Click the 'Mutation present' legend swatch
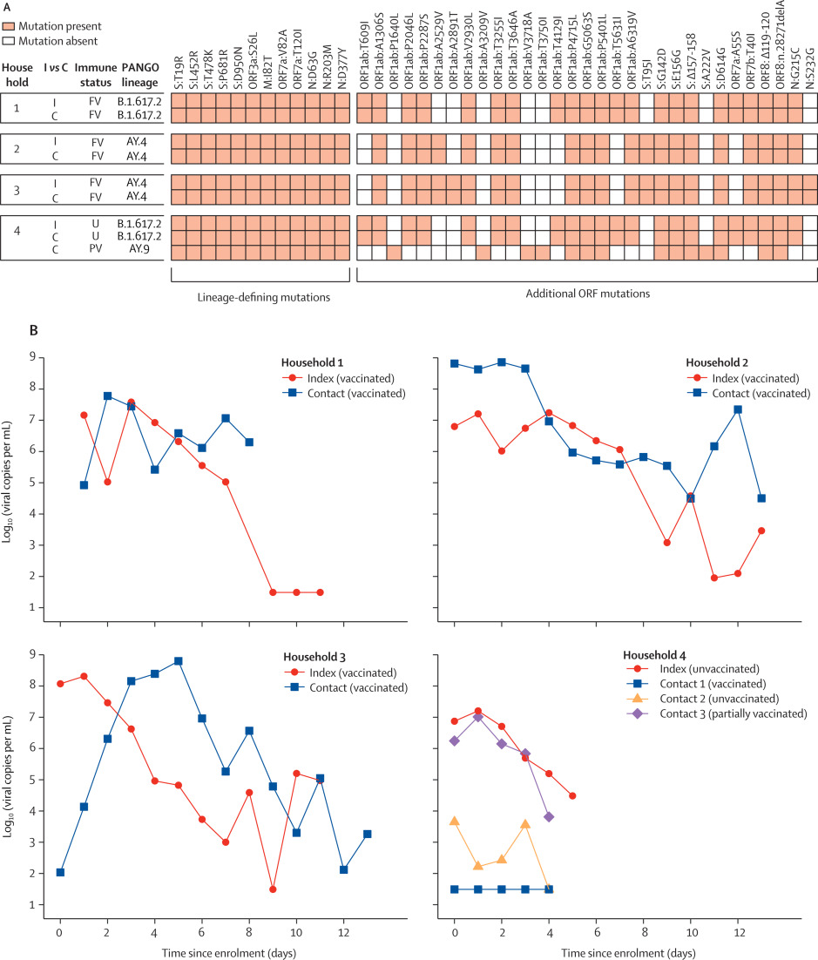(11, 27)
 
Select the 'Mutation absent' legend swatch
(11, 41)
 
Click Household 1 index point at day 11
(320, 592)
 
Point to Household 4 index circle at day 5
(571, 795)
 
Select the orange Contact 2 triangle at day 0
(454, 821)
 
